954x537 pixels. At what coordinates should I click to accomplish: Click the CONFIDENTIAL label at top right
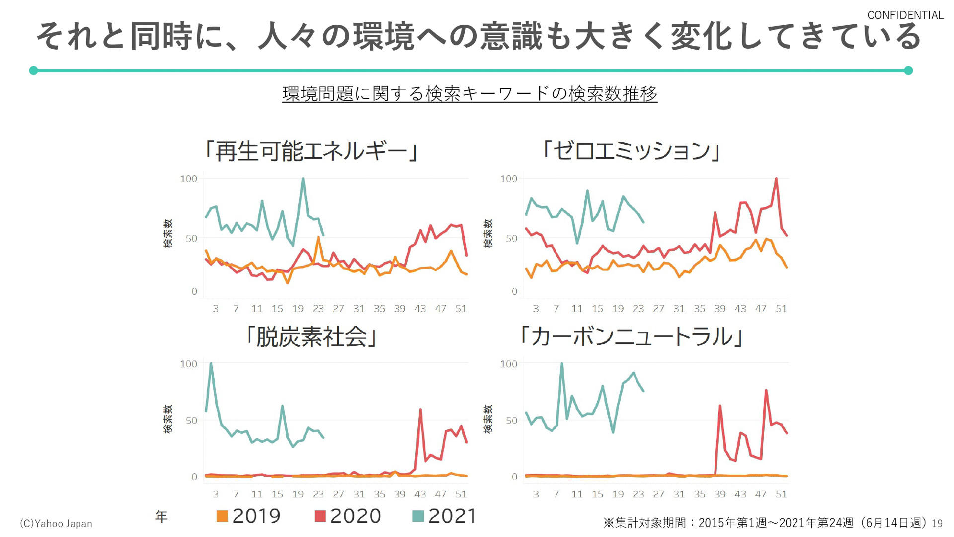[x=905, y=15]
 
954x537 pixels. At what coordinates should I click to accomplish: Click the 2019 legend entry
[x=249, y=516]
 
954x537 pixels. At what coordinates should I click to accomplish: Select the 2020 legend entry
[x=347, y=516]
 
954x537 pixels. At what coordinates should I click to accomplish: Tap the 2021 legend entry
[x=445, y=516]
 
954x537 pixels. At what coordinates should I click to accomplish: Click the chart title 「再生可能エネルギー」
[x=312, y=151]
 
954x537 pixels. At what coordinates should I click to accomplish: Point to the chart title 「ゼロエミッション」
[x=631, y=150]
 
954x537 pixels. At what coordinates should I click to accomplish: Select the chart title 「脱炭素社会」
[x=312, y=337]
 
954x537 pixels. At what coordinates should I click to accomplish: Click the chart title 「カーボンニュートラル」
[x=631, y=337]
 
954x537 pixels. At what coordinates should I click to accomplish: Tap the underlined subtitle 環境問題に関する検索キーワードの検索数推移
[x=470, y=93]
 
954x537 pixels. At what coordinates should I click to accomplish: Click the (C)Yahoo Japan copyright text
[x=56, y=523]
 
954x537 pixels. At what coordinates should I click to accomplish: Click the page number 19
[x=937, y=524]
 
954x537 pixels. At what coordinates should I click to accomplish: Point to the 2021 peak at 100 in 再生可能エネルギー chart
[x=303, y=179]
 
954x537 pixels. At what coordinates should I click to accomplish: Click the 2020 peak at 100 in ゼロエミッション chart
[x=776, y=179]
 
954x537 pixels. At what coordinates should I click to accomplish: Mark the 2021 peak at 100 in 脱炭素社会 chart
[x=211, y=364]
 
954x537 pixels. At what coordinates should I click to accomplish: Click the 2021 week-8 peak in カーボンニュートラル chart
[x=562, y=364]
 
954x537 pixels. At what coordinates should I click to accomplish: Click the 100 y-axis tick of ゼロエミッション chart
[x=508, y=179]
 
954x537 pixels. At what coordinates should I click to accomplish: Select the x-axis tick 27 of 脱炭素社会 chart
[x=338, y=494]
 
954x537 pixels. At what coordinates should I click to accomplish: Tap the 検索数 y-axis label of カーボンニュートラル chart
[x=488, y=419]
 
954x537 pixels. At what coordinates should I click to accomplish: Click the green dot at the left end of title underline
[x=34, y=70]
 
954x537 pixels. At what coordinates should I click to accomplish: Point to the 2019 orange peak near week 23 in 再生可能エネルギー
[x=318, y=237]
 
